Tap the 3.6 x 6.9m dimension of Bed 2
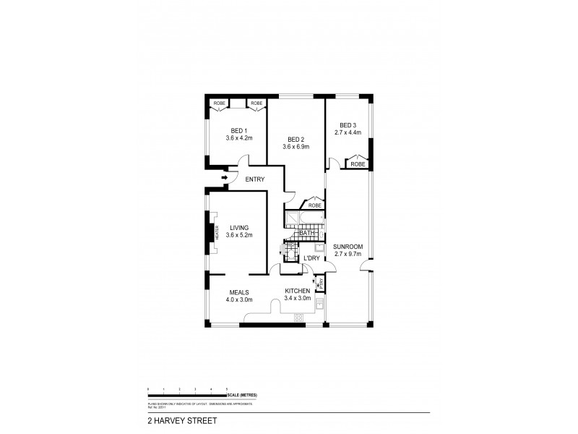296,147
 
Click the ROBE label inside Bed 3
358,165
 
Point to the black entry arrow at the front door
224,177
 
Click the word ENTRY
254,179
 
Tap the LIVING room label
238,227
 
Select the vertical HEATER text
216,232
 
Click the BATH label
307,233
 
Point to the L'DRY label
311,258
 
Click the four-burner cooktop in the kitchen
298,317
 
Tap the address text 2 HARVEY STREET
173,418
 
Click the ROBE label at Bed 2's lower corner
315,205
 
